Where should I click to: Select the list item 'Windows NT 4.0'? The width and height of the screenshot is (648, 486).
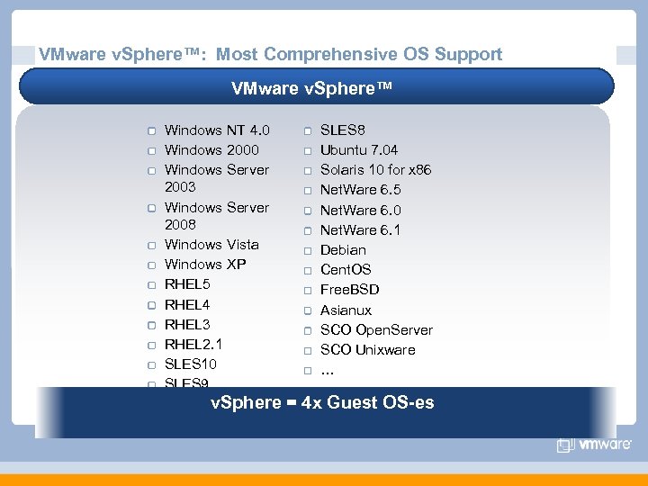click(x=217, y=130)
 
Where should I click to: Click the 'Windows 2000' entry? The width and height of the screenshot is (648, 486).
click(x=211, y=150)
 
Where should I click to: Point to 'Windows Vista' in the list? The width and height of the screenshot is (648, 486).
click(x=211, y=245)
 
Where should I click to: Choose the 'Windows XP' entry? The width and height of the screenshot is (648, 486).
click(x=205, y=265)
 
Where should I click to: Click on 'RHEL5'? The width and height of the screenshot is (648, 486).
click(x=186, y=284)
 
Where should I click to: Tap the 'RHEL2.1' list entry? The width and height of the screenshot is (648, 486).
click(x=193, y=344)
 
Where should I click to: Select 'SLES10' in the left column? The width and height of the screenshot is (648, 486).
click(x=190, y=364)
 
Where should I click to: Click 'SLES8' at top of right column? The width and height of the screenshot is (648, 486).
click(x=343, y=130)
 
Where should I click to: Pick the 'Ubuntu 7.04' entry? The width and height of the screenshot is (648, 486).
click(x=359, y=150)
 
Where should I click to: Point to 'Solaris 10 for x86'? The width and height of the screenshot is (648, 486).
click(x=375, y=170)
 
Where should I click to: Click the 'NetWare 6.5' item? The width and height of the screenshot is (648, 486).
click(x=361, y=190)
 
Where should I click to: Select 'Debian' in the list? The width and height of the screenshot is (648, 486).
click(x=343, y=249)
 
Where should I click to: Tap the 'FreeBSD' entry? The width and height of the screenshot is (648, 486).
click(x=350, y=290)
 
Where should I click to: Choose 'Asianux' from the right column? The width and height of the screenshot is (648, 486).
click(x=346, y=310)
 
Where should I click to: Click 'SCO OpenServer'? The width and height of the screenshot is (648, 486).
click(x=376, y=329)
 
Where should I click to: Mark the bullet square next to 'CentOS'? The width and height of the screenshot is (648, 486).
click(x=307, y=270)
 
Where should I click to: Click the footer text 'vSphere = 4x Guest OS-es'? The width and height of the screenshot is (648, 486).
click(x=322, y=402)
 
